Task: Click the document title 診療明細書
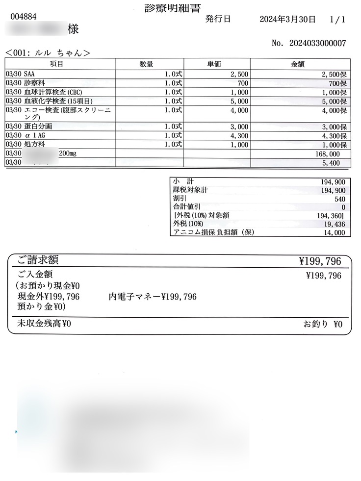pyautogui.click(x=176, y=8)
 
